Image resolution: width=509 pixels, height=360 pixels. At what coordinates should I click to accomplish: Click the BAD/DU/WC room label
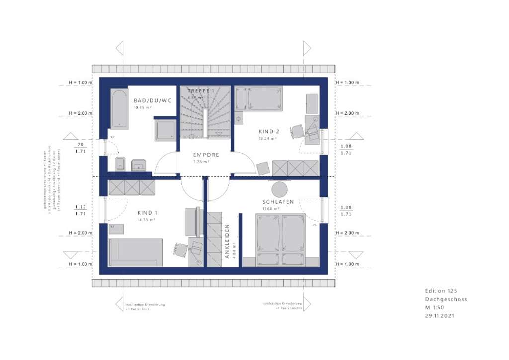coord(152,100)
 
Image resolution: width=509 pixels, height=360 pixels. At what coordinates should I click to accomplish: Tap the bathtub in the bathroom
coord(119,109)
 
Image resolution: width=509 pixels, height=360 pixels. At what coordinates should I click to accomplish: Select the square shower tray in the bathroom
coord(165,130)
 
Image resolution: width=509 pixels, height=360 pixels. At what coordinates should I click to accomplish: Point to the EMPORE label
coord(206,155)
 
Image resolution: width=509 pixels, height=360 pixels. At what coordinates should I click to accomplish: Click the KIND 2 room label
coord(269,132)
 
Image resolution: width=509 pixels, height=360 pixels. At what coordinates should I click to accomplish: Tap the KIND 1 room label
coord(147,212)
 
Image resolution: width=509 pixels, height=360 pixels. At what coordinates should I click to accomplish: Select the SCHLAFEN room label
coord(278,202)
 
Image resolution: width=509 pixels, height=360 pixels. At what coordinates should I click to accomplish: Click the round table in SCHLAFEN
coord(279,189)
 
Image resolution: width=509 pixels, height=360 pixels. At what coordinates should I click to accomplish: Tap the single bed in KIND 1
coord(136,252)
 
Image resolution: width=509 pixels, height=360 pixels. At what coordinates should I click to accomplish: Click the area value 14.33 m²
coord(147,219)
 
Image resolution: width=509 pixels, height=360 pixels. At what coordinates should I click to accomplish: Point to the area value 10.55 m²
coord(142,107)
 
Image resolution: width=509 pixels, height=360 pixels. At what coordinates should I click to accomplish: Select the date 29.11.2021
coord(439,315)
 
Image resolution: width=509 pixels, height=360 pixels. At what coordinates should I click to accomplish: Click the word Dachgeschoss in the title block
coord(446,299)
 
